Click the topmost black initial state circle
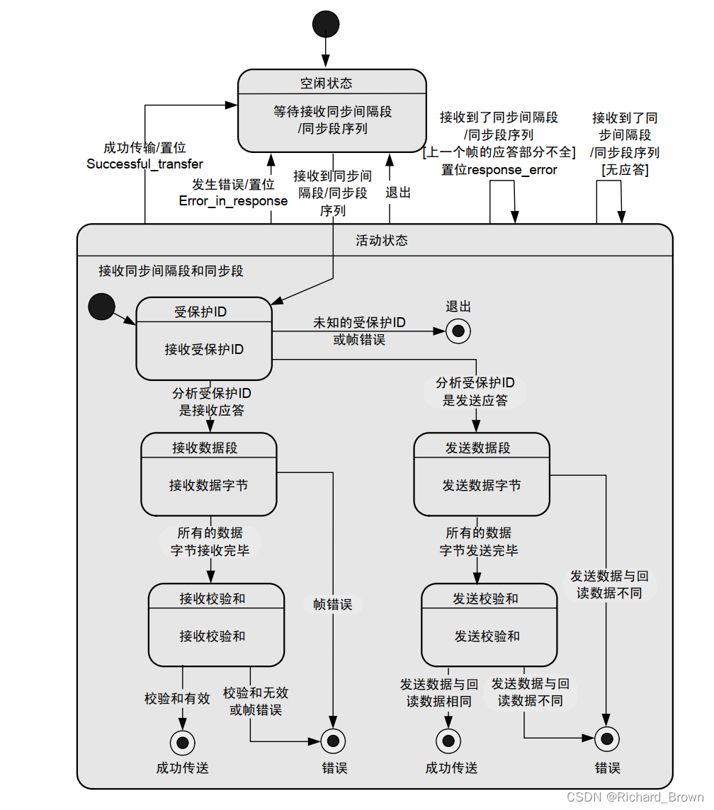coord(325,23)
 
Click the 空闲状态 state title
coord(326,83)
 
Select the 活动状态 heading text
coord(381,241)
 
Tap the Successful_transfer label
coord(144,164)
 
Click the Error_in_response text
coord(233,201)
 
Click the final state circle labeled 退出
coord(458,331)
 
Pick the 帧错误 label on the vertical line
coord(332,605)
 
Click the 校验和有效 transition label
coord(177,698)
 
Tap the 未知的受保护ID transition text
coord(359,323)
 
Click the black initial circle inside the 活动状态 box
coord(101,307)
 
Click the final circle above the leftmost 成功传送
coord(182,742)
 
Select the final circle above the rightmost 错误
coord(606,738)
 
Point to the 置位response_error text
coord(499,170)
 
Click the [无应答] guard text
coord(625,170)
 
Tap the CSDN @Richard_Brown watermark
coord(635,797)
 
